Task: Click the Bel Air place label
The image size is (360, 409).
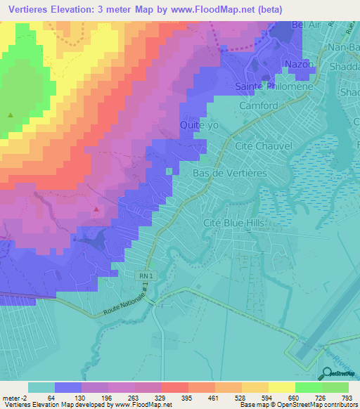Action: (x=290, y=25)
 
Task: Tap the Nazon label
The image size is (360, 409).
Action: (x=297, y=64)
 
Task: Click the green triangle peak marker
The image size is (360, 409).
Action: (x=10, y=115)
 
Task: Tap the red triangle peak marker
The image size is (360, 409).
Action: (x=96, y=208)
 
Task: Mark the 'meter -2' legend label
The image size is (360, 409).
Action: (x=14, y=398)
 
